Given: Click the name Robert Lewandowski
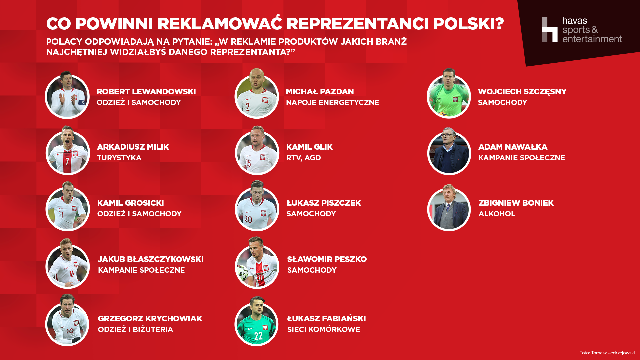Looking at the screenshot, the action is click(x=146, y=92).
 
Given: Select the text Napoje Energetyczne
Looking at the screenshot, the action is click(x=332, y=102).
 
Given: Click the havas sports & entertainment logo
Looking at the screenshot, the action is click(x=582, y=30).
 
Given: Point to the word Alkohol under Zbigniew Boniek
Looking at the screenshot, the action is click(x=497, y=214).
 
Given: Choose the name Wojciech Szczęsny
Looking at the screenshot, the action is click(x=522, y=92).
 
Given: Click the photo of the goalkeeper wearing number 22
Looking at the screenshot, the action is click(x=256, y=321).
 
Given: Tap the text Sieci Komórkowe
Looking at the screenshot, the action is click(x=323, y=329).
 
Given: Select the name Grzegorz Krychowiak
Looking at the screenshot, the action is click(x=150, y=319).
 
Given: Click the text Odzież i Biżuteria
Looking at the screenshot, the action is click(x=135, y=329).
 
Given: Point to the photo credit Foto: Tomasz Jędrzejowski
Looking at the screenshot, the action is click(x=607, y=353).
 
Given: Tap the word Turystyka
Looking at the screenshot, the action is click(x=119, y=158).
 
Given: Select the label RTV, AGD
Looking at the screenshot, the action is click(x=303, y=158).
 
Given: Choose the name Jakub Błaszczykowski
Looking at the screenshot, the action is click(x=151, y=259).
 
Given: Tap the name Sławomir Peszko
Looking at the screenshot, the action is click(x=327, y=259).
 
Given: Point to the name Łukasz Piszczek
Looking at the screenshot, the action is click(x=324, y=203).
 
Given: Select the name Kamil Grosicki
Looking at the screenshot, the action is click(x=130, y=203).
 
